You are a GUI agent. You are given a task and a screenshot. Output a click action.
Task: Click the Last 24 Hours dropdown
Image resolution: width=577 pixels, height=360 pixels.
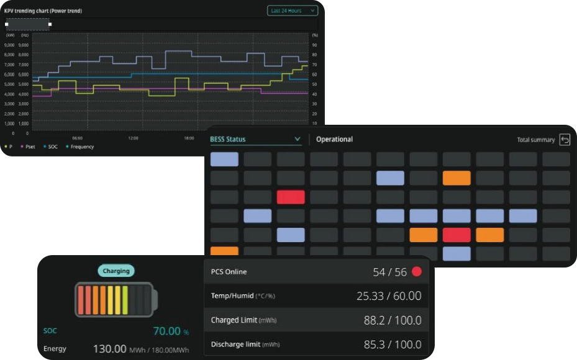(293, 11)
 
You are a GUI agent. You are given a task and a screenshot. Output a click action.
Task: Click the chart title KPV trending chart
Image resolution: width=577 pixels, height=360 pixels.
(43, 11)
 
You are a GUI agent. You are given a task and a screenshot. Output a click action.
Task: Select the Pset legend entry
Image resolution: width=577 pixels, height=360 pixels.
(28, 147)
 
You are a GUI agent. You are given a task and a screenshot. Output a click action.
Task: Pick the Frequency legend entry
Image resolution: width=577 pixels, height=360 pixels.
(80, 147)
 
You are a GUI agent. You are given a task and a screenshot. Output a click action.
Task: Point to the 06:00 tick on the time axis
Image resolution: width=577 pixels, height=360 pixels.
(78, 138)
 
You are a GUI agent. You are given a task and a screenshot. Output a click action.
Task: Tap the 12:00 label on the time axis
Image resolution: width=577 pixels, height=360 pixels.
(133, 138)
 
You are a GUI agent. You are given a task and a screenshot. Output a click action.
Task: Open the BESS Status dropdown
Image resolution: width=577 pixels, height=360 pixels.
(255, 140)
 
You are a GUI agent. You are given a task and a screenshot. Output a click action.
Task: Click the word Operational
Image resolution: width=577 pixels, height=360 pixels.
(334, 140)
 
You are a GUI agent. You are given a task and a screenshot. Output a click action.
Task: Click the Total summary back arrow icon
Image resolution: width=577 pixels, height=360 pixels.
(565, 140)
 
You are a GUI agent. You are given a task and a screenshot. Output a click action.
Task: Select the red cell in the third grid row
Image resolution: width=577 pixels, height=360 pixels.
(291, 197)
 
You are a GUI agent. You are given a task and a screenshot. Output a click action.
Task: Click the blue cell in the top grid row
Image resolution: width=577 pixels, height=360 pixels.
(224, 160)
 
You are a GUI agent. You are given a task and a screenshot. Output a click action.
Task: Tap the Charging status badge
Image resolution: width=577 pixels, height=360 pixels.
(116, 271)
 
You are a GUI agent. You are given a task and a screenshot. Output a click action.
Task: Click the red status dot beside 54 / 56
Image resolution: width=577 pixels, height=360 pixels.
(417, 271)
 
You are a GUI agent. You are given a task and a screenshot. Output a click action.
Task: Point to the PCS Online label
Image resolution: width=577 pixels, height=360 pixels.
(229, 272)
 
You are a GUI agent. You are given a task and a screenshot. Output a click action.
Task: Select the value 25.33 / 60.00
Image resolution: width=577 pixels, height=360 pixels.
(389, 296)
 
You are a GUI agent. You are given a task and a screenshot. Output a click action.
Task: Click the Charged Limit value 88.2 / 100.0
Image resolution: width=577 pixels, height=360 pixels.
(393, 320)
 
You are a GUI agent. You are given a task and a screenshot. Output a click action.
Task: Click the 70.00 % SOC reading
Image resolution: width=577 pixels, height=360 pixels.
(171, 331)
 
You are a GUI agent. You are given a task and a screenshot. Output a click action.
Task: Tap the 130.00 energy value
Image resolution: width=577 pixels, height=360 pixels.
(110, 349)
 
